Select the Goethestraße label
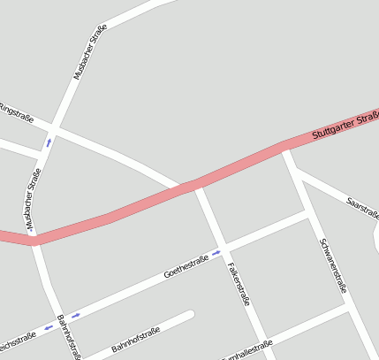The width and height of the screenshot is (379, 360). coord(186,266)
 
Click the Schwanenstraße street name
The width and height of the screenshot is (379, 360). coord(333,264)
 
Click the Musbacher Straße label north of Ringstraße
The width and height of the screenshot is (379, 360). coord(89,53)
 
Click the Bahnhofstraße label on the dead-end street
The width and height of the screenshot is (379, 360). coord(135,341)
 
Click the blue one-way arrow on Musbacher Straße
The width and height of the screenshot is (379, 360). coord(49,142)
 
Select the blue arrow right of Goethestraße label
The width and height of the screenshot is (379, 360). coord(216,253)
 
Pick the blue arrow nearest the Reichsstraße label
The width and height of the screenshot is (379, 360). coord(49,327)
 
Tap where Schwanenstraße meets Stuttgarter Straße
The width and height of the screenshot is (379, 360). coord(284,147)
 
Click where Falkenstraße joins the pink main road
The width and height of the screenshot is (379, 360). coord(194,186)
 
